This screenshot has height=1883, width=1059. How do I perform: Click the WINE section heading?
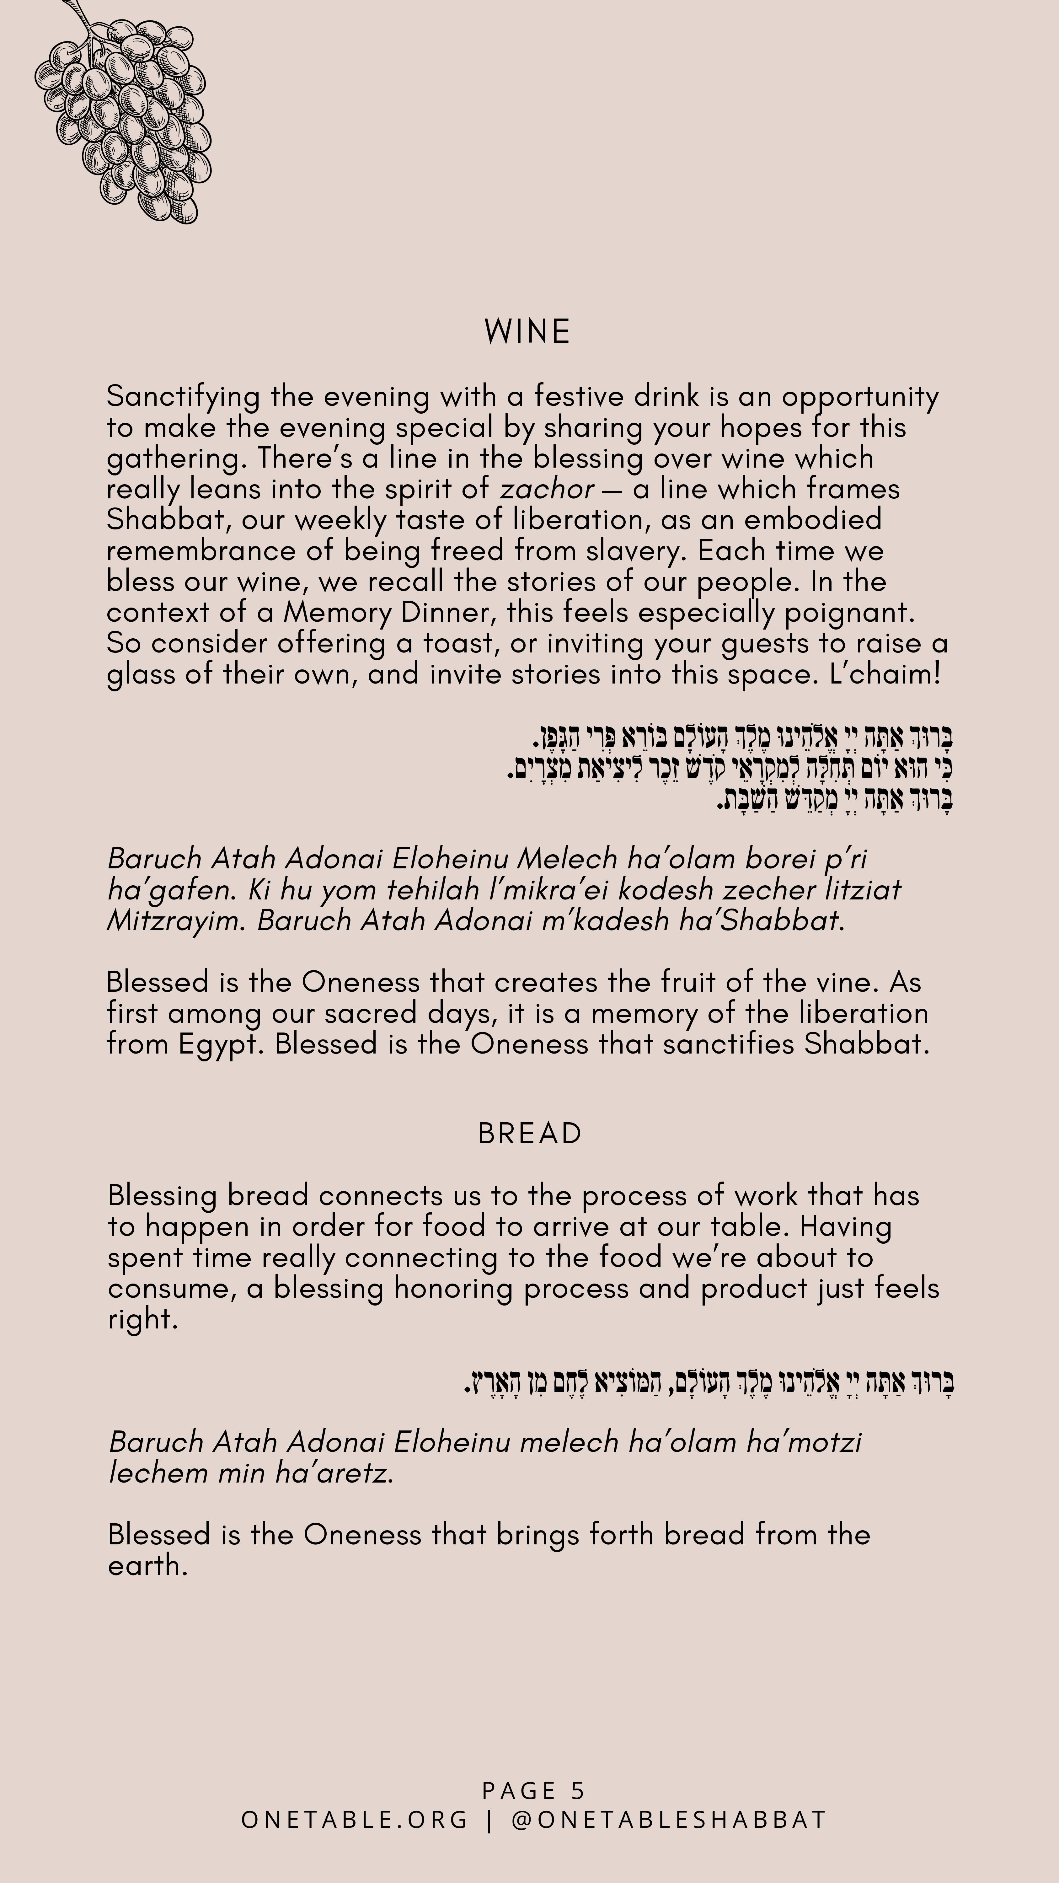(x=527, y=332)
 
